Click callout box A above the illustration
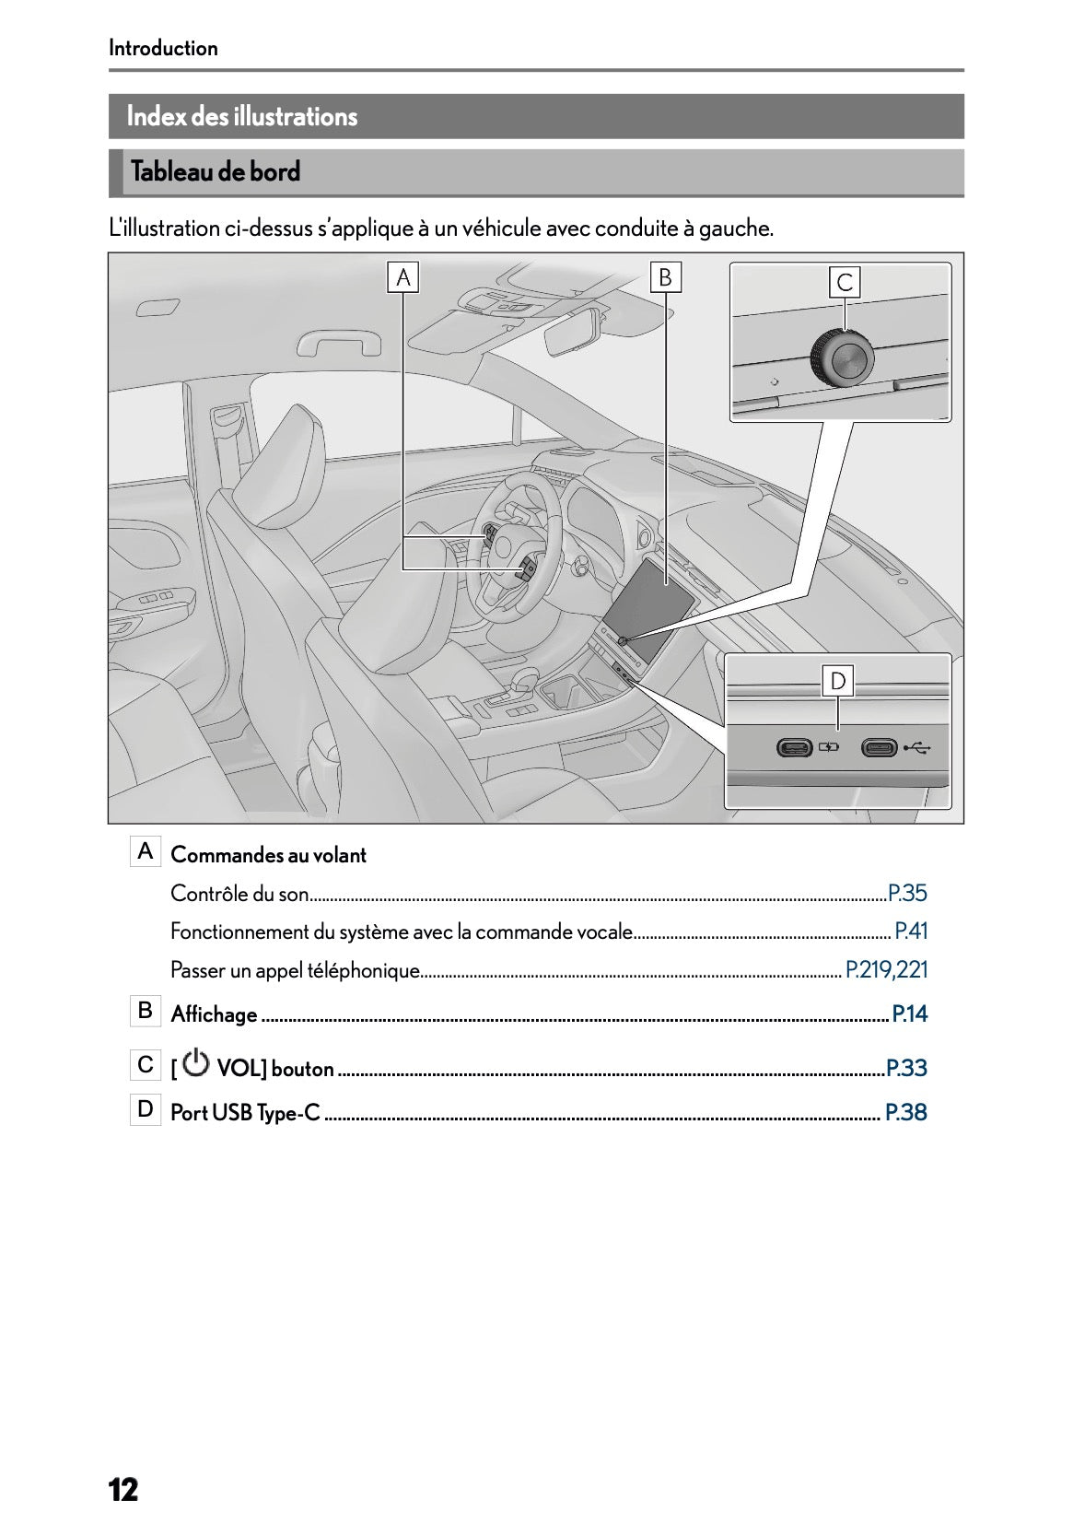tap(403, 276)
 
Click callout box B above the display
tap(665, 276)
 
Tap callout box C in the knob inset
tap(845, 282)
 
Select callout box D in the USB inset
tap(838, 681)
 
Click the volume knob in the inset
tap(842, 359)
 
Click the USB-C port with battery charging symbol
tap(794, 747)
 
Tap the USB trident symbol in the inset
tap(916, 747)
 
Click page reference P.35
tap(907, 893)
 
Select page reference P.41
tap(911, 931)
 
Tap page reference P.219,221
tap(886, 969)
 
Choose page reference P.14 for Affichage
tap(910, 1014)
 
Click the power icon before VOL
tap(196, 1064)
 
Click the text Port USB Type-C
tap(245, 1113)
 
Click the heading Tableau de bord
tap(216, 172)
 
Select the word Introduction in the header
tap(163, 48)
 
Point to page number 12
tap(123, 1489)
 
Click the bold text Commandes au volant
tap(268, 855)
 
